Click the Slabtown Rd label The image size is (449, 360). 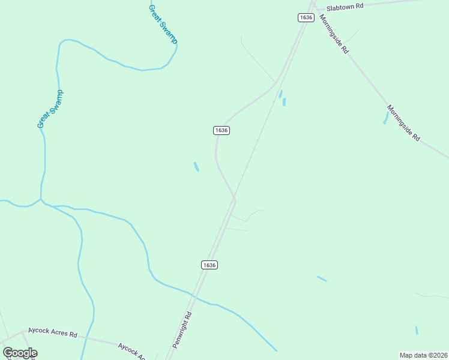pos(345,7)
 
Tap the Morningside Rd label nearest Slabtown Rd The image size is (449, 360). pos(334,34)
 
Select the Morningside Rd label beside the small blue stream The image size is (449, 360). pos(403,123)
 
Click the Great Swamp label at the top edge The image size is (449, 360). pos(163,22)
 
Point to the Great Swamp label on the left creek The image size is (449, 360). pos(50,109)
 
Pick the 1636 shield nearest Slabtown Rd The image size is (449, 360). pos(306,17)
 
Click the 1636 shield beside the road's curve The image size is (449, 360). pos(221,130)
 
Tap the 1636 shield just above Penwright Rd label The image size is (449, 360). pos(209,265)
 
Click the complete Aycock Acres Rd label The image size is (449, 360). pos(53,334)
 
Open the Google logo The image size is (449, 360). pos(20,353)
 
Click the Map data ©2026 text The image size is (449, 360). pos(423,355)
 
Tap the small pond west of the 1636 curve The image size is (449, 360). pos(196,166)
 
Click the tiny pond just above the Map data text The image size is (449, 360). pos(417,330)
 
